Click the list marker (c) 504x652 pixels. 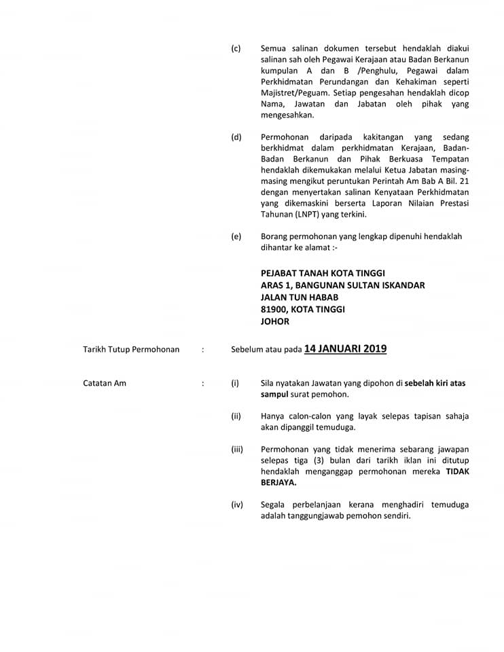(236, 48)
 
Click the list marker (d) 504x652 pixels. (236, 137)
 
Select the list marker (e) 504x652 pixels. (236, 237)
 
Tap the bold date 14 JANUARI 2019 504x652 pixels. (345, 349)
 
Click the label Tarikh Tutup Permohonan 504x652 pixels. (131, 350)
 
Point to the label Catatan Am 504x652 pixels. (105, 384)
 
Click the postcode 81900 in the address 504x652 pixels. (275, 309)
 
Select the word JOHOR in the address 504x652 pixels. (275, 321)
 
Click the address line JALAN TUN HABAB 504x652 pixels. (300, 297)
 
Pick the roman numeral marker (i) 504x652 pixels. (235, 384)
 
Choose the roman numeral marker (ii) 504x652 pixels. (236, 416)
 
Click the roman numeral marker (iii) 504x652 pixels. (237, 450)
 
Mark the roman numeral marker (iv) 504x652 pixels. (236, 505)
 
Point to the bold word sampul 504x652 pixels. (275, 395)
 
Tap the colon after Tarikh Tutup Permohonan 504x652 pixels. (202, 350)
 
